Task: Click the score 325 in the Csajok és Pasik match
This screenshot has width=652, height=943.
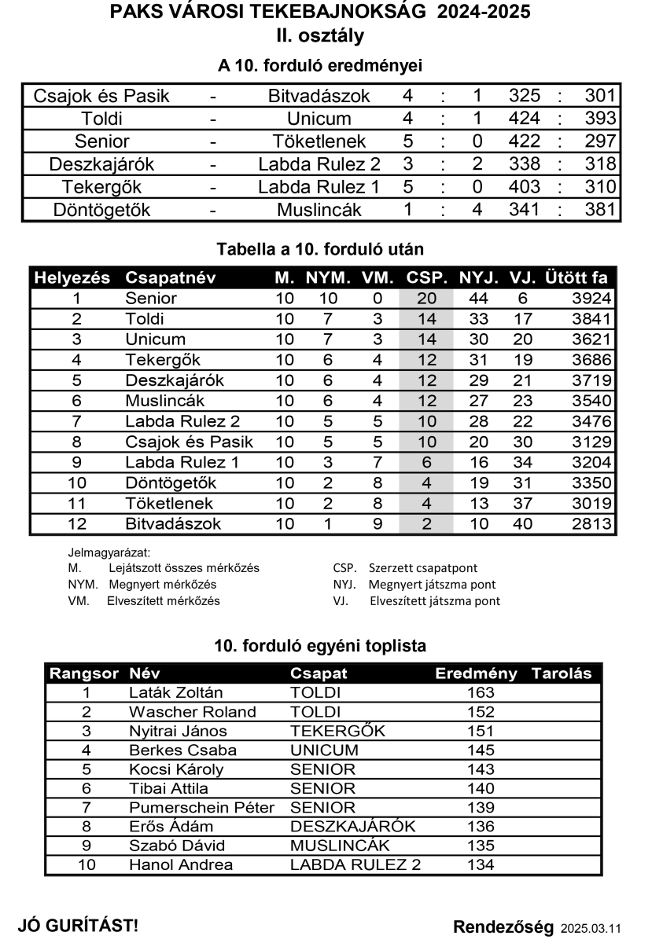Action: tap(525, 97)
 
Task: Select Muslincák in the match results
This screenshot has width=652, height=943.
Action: tap(319, 211)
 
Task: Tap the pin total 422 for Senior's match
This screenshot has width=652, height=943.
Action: tap(525, 142)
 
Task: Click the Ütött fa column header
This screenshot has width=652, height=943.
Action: tap(576, 278)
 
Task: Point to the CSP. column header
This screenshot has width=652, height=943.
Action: tap(427, 278)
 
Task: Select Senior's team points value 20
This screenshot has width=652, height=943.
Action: tap(426, 299)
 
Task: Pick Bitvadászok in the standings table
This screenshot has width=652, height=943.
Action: tap(173, 523)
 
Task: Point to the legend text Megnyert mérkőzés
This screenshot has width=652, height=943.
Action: tap(162, 585)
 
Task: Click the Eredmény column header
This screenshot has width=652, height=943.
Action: tap(476, 674)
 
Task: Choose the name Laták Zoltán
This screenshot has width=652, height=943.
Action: tap(175, 693)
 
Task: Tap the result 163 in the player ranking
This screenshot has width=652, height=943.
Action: tap(481, 693)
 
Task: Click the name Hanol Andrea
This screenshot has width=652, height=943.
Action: tap(180, 865)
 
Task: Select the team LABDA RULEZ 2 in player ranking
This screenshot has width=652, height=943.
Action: tap(355, 865)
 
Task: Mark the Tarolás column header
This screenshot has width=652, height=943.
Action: tap(562, 674)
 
